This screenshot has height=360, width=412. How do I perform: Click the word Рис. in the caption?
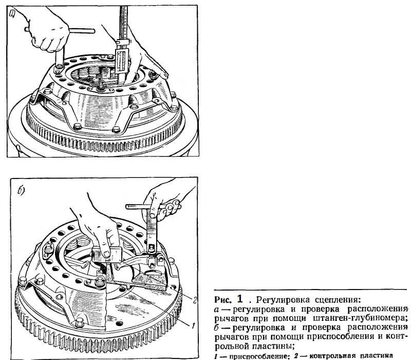pyautogui.click(x=222, y=299)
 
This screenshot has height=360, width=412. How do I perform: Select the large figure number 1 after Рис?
pyautogui.click(x=239, y=298)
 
